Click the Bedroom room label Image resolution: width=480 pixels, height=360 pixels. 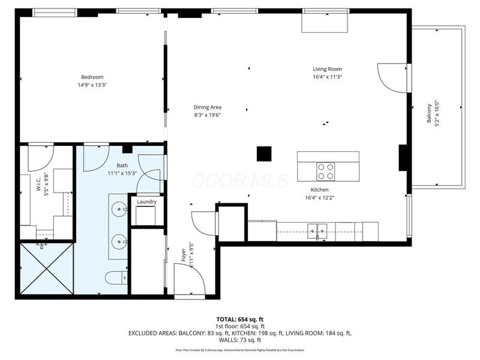pos(92,77)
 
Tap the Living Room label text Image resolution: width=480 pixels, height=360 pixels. pos(327,69)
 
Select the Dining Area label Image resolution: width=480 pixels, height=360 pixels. pos(207,107)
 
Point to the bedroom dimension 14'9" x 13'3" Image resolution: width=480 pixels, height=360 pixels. pos(92,85)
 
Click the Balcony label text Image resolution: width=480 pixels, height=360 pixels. pos(429,112)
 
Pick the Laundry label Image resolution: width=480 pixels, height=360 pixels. pos(146,202)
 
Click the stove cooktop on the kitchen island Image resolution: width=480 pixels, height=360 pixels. pos(325,172)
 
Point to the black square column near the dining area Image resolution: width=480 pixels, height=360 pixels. pos(264,154)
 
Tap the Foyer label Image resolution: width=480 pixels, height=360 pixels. pos(184,256)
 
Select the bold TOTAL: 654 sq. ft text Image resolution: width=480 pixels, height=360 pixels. pos(239,319)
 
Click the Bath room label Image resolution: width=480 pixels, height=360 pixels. pos(122,165)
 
